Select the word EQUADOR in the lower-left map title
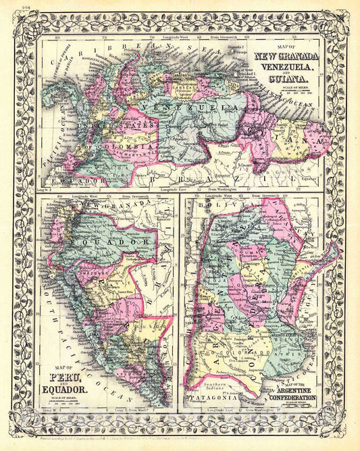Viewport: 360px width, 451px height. (x=66, y=390)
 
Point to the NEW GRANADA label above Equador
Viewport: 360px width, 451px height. (x=105, y=203)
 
